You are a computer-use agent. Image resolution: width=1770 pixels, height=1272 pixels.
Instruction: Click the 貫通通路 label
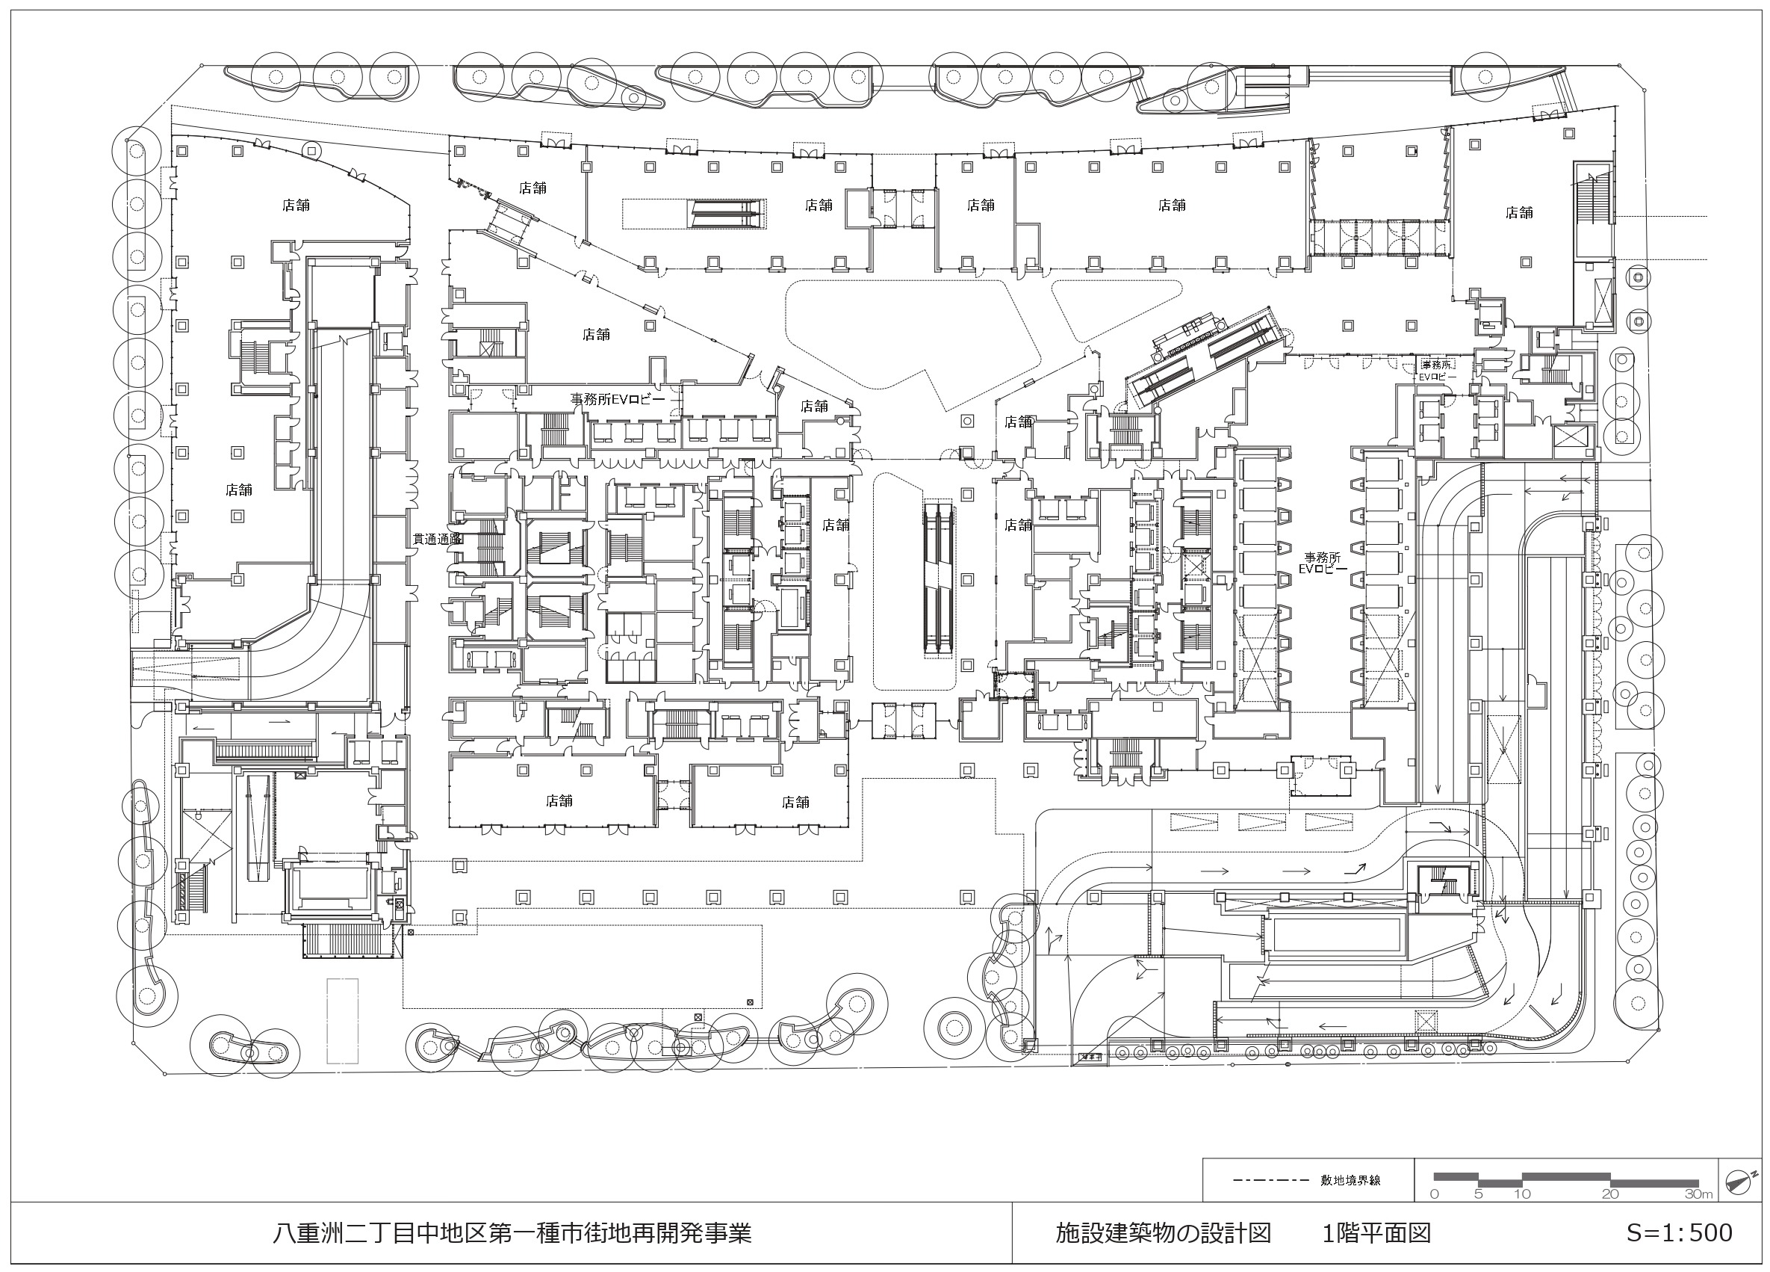click(437, 539)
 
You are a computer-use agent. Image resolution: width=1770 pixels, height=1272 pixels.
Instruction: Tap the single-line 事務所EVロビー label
click(618, 399)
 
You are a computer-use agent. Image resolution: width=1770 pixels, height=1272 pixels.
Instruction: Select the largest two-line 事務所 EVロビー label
click(1323, 564)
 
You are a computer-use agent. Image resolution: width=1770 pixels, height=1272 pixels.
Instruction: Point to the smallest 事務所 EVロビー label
click(1436, 370)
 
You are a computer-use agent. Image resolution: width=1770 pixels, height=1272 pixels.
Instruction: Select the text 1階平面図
click(1376, 1233)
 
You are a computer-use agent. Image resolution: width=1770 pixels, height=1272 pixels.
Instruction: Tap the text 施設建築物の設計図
click(1163, 1233)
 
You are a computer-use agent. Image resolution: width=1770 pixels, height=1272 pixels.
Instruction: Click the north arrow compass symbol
click(1741, 1180)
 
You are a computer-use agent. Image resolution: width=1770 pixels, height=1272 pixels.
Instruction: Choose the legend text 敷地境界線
click(1351, 1180)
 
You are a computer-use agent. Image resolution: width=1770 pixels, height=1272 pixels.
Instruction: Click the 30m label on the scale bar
click(1698, 1195)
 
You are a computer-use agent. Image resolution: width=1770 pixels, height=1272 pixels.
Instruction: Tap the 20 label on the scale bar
click(1610, 1195)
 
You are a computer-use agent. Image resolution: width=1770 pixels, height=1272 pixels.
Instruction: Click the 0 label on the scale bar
click(1435, 1195)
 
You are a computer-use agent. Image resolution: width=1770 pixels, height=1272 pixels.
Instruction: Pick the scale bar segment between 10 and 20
click(1566, 1175)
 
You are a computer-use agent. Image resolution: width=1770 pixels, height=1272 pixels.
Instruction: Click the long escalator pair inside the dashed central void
click(940, 578)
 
